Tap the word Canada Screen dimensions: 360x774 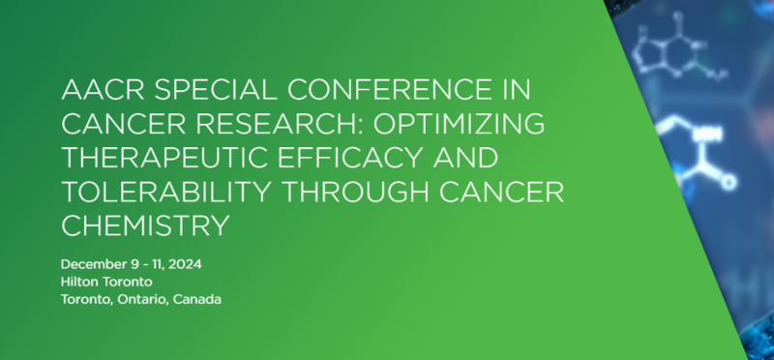pyautogui.click(x=198, y=299)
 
